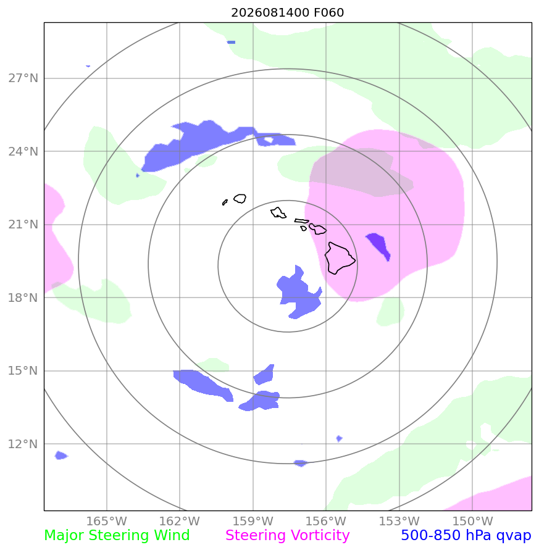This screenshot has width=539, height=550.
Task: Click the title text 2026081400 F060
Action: [x=287, y=12]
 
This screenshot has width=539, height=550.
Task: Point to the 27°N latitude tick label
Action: [x=23, y=78]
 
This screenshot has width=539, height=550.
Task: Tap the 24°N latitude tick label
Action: [x=23, y=151]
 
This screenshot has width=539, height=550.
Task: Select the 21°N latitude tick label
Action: [x=23, y=225]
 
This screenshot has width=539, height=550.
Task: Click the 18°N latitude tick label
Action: [x=23, y=298]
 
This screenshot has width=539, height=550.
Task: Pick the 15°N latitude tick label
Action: [x=23, y=371]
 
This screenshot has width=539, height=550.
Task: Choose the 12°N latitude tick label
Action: [x=23, y=444]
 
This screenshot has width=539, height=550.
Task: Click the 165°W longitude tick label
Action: [x=107, y=521]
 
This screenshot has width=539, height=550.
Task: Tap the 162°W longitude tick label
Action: [x=180, y=521]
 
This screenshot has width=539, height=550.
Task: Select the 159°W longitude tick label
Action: [x=253, y=521]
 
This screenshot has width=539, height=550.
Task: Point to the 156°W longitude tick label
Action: [x=326, y=521]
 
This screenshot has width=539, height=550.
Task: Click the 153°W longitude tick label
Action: [x=399, y=521]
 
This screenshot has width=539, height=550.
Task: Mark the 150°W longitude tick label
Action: [x=472, y=521]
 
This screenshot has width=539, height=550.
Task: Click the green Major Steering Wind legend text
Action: [x=117, y=536]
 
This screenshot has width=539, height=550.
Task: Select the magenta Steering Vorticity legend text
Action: [x=287, y=536]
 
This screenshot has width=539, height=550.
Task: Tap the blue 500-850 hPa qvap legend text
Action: [x=466, y=536]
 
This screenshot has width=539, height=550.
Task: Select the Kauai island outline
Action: [x=240, y=199]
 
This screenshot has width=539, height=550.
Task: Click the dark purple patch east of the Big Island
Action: [x=378, y=246]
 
